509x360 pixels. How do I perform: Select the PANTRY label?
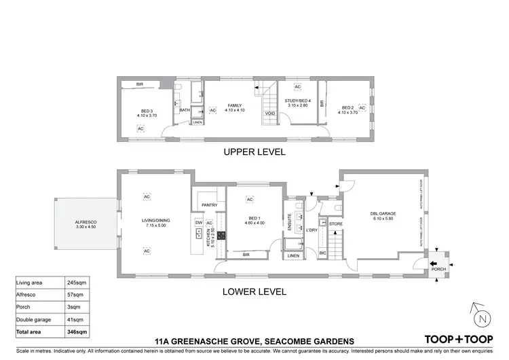click(208, 204)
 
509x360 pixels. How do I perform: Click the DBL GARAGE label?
click(382, 214)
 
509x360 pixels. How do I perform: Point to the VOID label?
click(270, 114)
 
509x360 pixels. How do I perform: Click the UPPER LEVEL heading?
click(254, 152)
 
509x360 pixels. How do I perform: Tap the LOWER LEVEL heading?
click(254, 291)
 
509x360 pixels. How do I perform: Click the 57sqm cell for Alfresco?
click(75, 295)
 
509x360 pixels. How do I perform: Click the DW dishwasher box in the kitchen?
click(199, 223)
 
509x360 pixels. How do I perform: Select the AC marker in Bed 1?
click(250, 200)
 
